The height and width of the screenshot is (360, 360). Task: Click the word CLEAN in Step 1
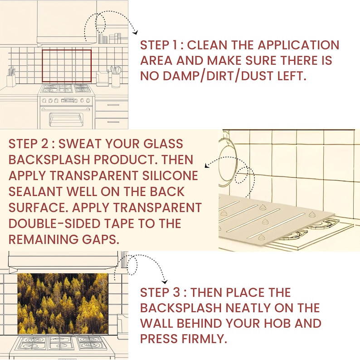207,45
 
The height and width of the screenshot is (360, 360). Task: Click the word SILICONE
170,175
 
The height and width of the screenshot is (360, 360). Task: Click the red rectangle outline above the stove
67,50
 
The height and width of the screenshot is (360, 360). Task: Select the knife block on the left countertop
11,78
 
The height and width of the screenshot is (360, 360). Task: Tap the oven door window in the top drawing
66,119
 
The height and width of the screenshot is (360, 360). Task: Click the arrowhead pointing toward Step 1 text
136,32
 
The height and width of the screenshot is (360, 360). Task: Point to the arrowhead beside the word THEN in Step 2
207,165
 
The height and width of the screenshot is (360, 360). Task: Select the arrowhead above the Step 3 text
165,282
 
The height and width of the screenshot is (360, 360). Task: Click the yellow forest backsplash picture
63,303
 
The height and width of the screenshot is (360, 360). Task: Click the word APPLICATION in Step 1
298,45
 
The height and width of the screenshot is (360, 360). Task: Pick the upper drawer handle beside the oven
113,105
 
